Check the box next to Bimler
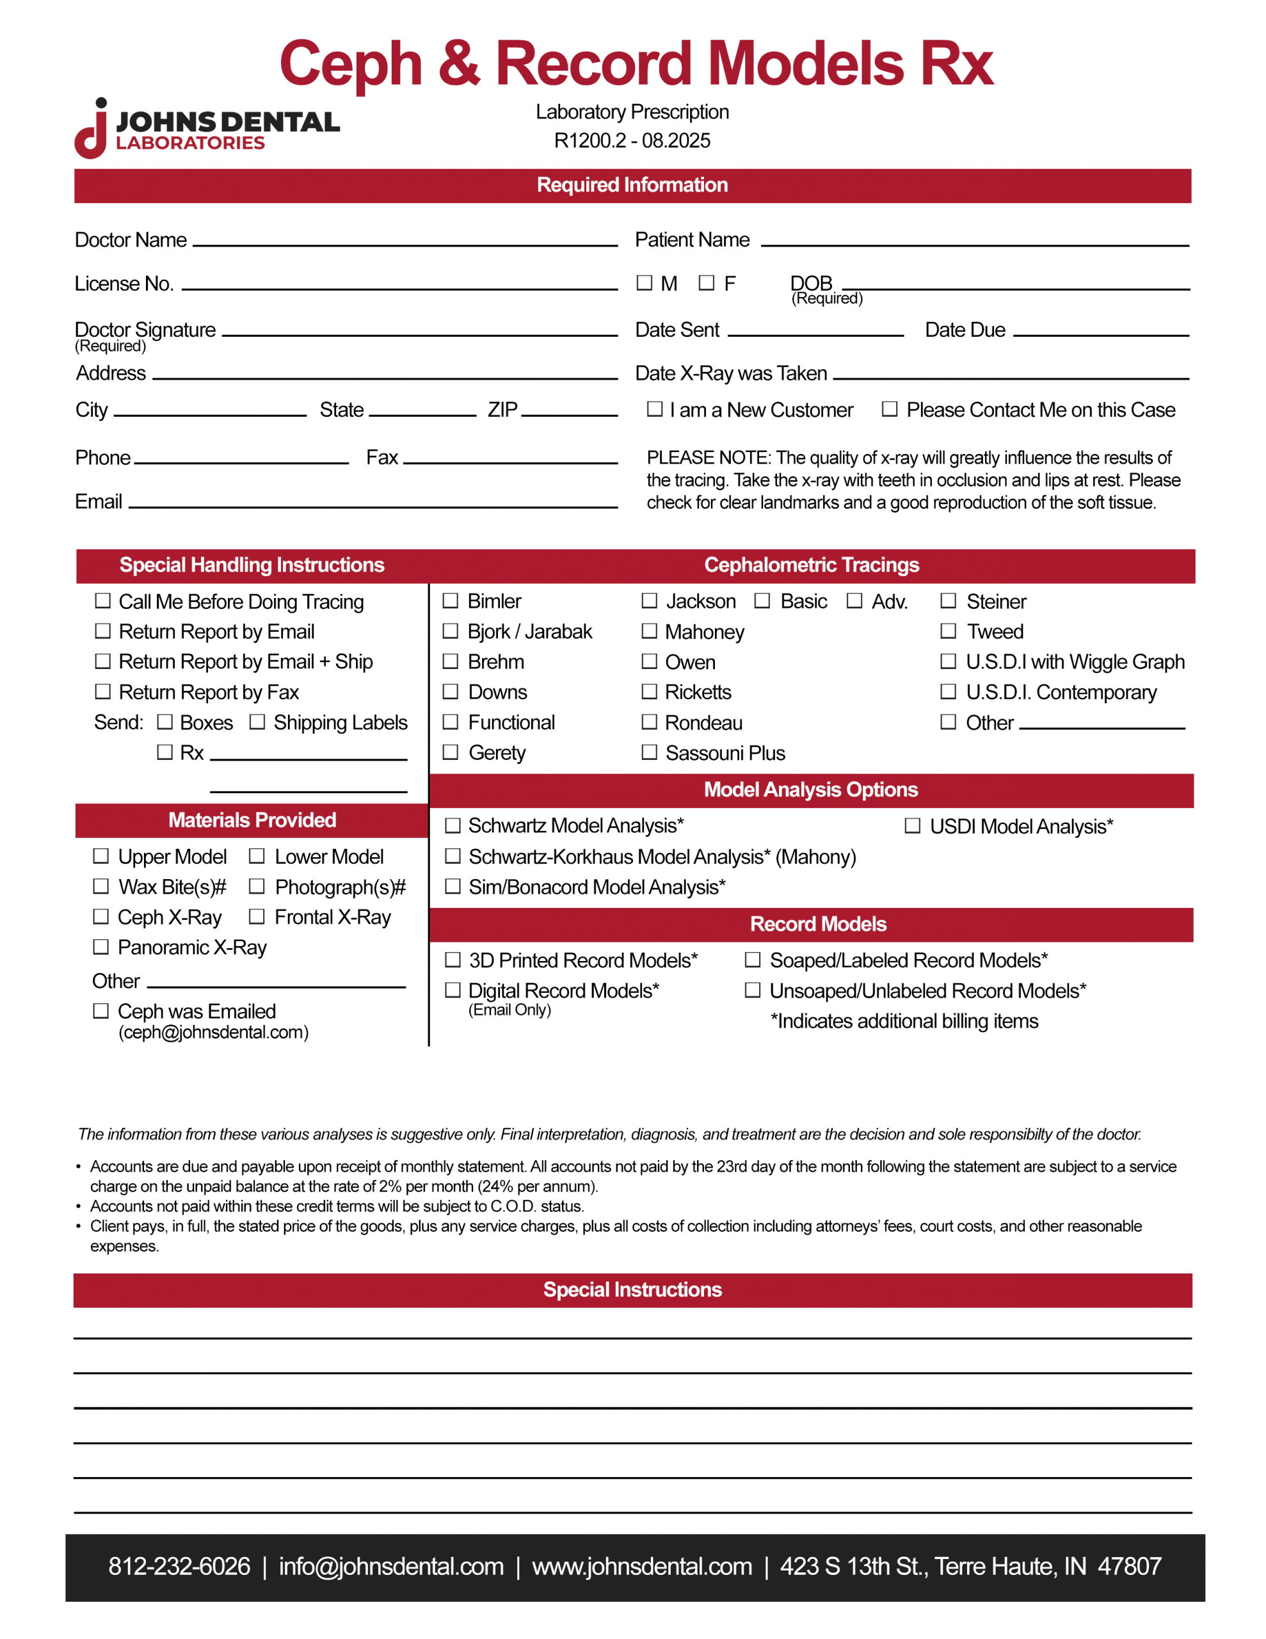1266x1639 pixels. click(x=450, y=601)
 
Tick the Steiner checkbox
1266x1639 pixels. click(x=949, y=601)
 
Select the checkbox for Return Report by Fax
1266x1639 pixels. click(x=103, y=691)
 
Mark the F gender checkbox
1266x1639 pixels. click(x=706, y=282)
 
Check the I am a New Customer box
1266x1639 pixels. click(x=655, y=409)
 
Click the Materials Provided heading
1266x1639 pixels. click(x=252, y=820)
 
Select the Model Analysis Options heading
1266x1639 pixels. click(x=810, y=789)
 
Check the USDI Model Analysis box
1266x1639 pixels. click(x=913, y=825)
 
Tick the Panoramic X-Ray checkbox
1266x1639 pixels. click(x=100, y=946)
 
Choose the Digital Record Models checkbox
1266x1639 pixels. click(x=453, y=990)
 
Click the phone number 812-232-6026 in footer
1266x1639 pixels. click(x=179, y=1566)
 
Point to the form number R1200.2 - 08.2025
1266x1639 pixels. click(x=632, y=140)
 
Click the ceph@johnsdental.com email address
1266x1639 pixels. click(x=213, y=1032)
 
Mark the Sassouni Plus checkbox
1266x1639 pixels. click(x=649, y=752)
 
